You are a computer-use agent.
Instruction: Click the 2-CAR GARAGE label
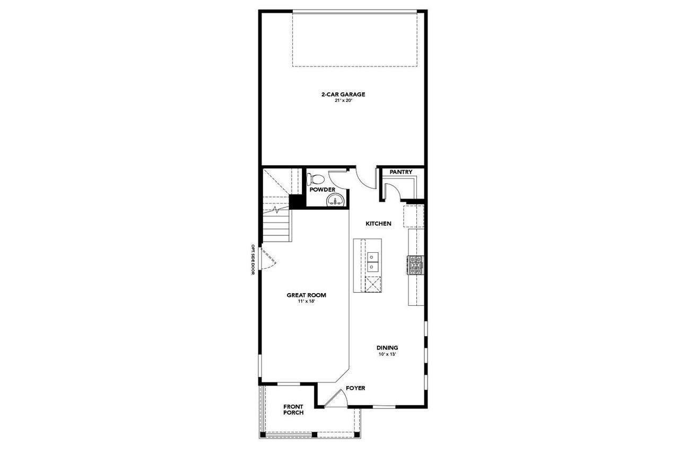[343, 95]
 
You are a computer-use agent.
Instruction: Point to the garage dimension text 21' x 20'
[343, 100]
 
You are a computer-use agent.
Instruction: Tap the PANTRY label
[401, 172]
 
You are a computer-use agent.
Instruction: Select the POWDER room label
[323, 190]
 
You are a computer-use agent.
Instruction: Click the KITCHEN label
[378, 224]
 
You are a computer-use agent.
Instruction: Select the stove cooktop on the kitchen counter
[415, 265]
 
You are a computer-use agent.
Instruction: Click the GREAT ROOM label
[306, 295]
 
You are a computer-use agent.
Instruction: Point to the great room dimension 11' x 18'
[306, 301]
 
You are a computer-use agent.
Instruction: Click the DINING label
[387, 348]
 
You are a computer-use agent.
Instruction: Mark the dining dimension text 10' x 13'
[387, 354]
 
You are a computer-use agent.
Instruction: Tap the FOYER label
[355, 388]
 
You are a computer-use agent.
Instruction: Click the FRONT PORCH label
[293, 409]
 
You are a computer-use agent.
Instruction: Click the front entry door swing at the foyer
[334, 399]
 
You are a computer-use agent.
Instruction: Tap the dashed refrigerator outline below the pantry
[414, 217]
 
